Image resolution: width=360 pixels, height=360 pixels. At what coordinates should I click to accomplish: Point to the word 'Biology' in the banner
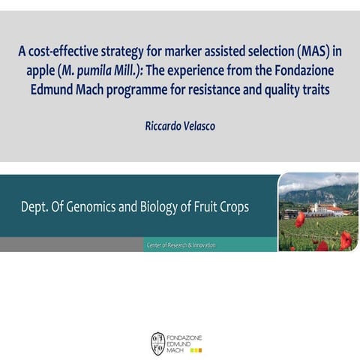[x=166, y=206]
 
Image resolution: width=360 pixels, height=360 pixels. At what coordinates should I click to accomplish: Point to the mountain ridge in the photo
[x=322, y=192]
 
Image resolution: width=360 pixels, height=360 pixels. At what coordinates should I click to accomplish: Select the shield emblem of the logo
[x=158, y=343]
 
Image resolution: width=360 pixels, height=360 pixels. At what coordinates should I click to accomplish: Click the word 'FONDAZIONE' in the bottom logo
[x=185, y=337]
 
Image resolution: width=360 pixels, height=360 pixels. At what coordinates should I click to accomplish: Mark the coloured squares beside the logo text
[x=196, y=350]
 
